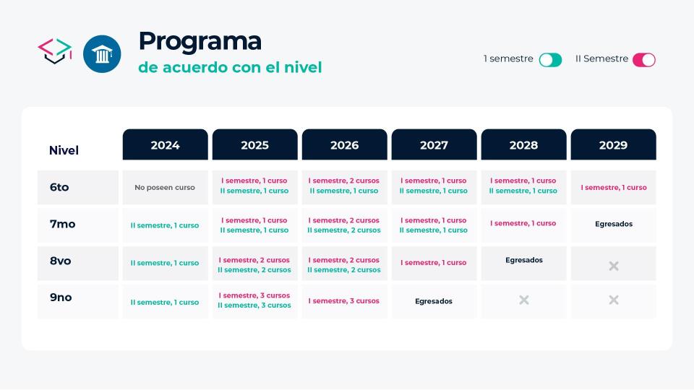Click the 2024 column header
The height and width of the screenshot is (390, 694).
[165, 144]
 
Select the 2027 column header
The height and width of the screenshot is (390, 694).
[434, 144]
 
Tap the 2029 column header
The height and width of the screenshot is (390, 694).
[614, 144]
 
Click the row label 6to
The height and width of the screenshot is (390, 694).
[59, 187]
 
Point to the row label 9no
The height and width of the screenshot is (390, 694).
[61, 297]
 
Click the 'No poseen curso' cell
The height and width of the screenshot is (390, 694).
[165, 188]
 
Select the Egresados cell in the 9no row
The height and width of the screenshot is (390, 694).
[434, 301]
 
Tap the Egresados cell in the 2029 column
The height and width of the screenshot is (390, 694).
[614, 224]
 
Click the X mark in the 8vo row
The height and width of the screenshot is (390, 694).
[614, 266]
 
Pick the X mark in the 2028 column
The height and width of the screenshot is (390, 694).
[524, 300]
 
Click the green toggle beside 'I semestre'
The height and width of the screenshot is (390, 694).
[550, 60]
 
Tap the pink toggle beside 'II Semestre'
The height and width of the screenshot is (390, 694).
[644, 60]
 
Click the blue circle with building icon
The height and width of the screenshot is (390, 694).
[102, 54]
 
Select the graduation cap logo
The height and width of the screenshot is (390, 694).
[55, 51]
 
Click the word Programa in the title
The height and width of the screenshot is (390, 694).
[200, 42]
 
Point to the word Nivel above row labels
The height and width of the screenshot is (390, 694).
[64, 150]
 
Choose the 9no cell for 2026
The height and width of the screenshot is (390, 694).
[344, 301]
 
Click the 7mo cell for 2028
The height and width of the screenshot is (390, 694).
[523, 224]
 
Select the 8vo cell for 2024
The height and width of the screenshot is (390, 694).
[165, 263]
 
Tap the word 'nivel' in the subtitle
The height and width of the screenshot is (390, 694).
[303, 68]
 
